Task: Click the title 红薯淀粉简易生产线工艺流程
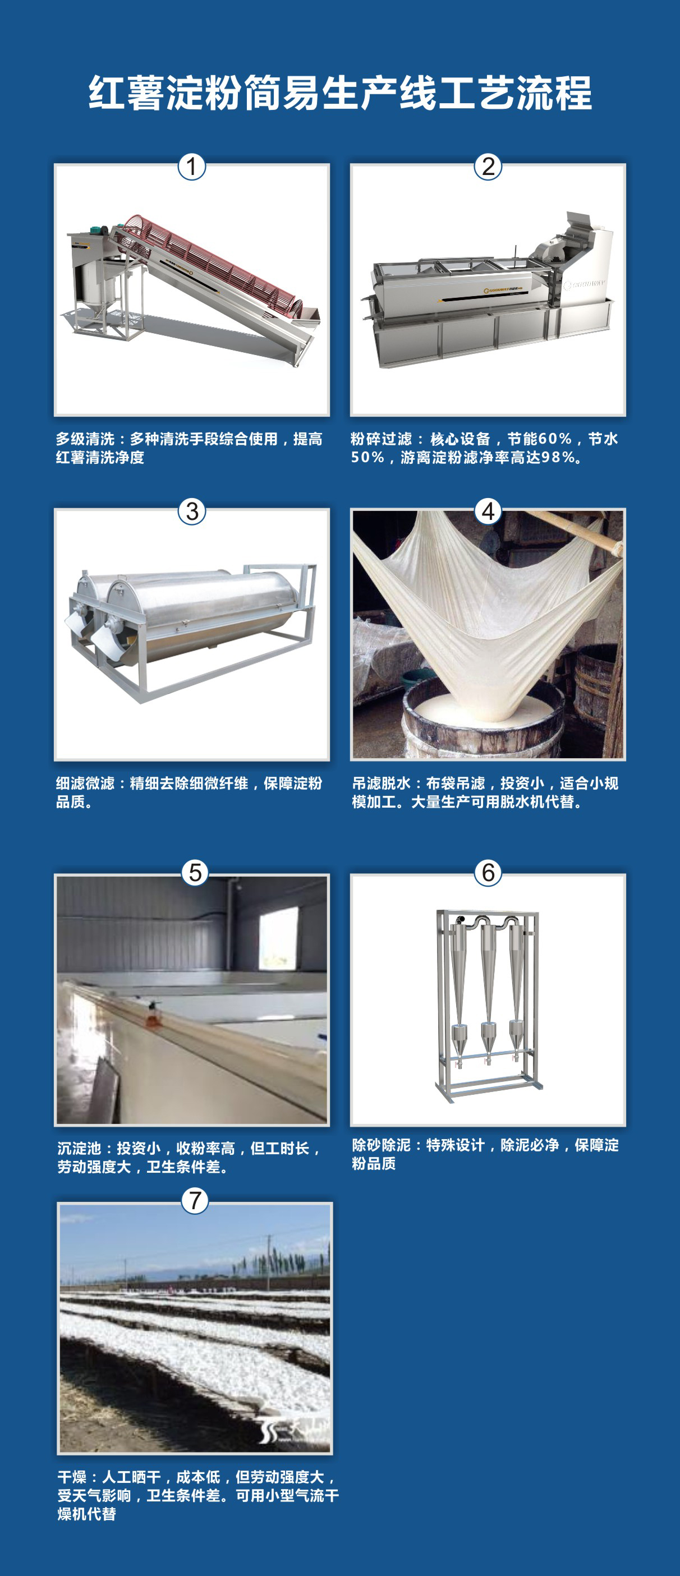(339, 93)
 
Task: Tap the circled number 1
(191, 167)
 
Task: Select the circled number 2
(488, 167)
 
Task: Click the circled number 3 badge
(191, 511)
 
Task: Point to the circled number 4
(488, 511)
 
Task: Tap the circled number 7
(195, 1200)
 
